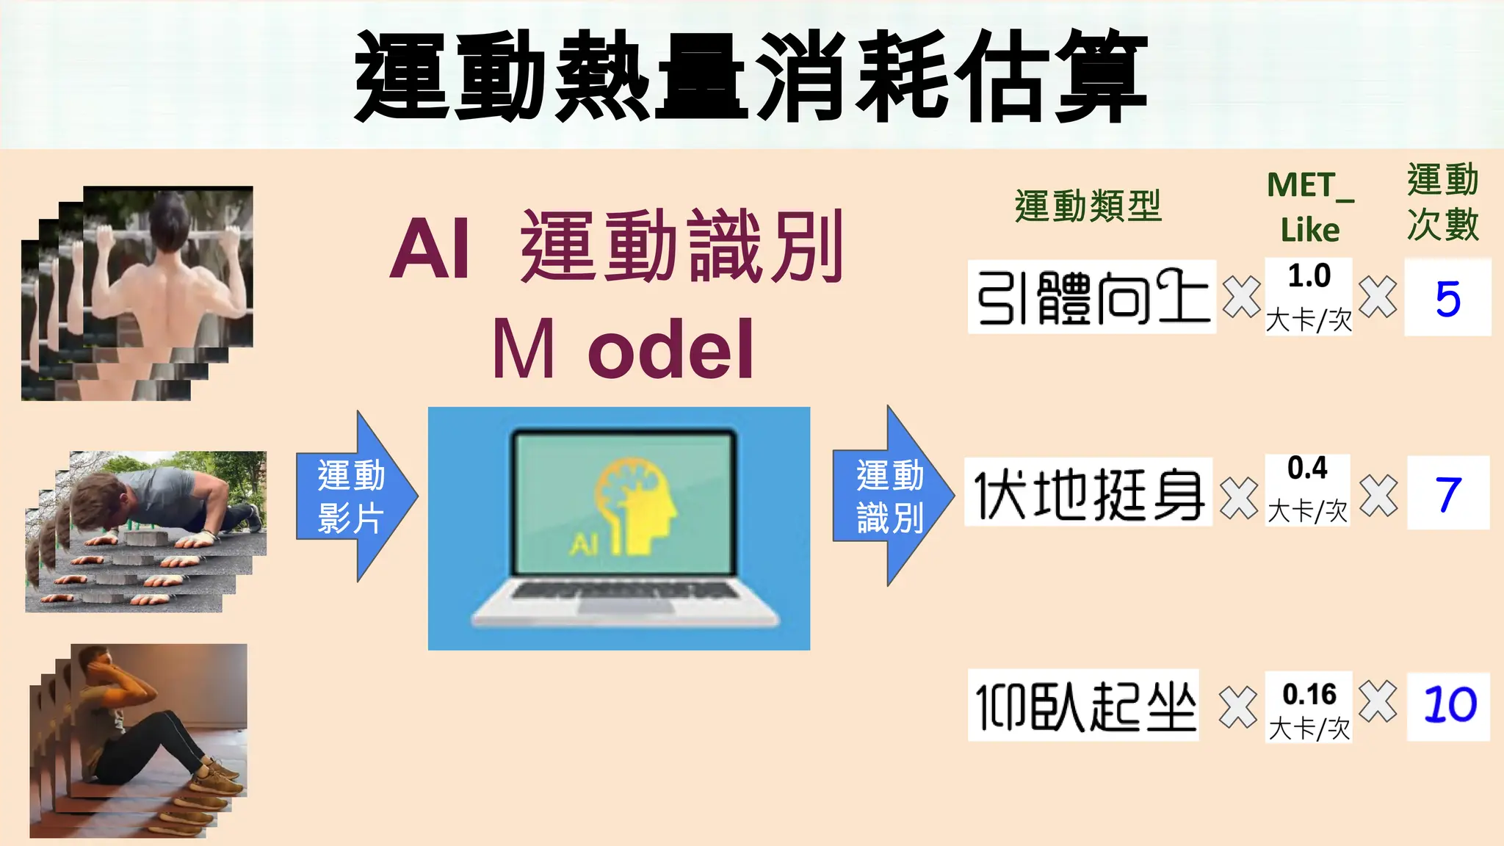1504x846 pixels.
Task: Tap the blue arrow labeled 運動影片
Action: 352,496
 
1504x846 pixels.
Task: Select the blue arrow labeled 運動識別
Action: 890,496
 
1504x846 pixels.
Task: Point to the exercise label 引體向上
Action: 1091,297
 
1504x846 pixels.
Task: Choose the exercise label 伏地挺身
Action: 1088,492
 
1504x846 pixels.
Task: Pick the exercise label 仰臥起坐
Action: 1083,705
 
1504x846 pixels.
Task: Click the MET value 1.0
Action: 1309,276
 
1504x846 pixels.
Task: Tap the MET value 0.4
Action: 1307,469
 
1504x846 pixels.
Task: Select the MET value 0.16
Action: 1309,695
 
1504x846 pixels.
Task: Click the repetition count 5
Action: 1447,298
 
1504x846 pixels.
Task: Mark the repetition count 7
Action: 1448,493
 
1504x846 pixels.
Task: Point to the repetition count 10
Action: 1449,705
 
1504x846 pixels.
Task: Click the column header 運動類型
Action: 1088,206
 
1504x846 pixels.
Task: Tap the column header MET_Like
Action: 1310,207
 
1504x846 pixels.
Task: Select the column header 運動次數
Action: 1443,203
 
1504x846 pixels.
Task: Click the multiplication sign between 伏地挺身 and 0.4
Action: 1239,498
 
